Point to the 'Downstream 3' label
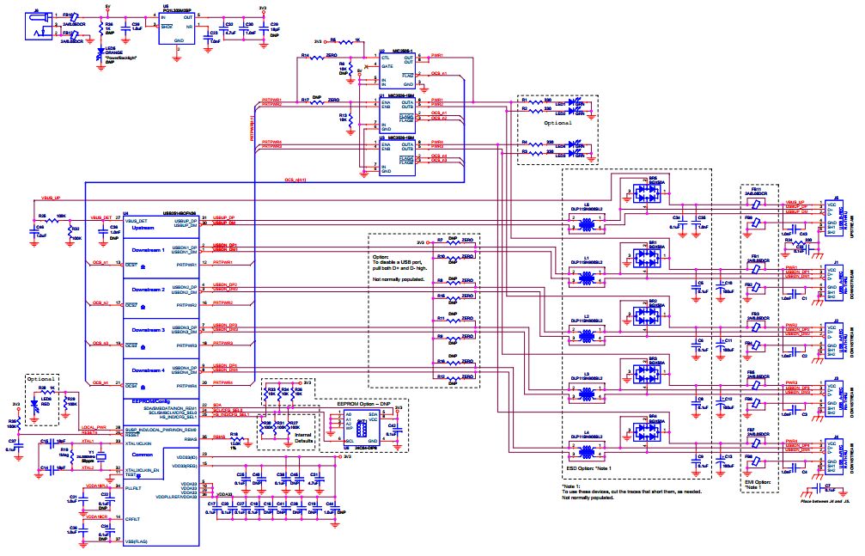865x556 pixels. (145, 330)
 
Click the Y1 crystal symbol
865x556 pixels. (101, 457)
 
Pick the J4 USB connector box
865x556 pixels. (830, 460)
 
